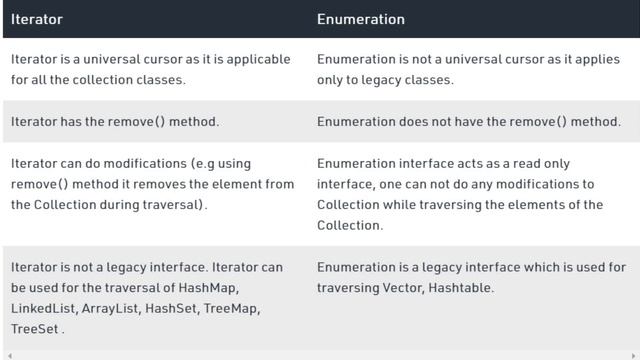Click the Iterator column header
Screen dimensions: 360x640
tap(37, 19)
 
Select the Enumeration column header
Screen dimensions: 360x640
tap(361, 19)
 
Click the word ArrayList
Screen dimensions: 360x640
tap(110, 308)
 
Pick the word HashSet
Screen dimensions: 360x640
tap(171, 308)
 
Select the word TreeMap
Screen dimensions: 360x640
tap(232, 308)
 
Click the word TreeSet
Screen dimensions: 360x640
tap(34, 328)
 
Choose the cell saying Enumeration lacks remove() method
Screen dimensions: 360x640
tap(468, 121)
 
